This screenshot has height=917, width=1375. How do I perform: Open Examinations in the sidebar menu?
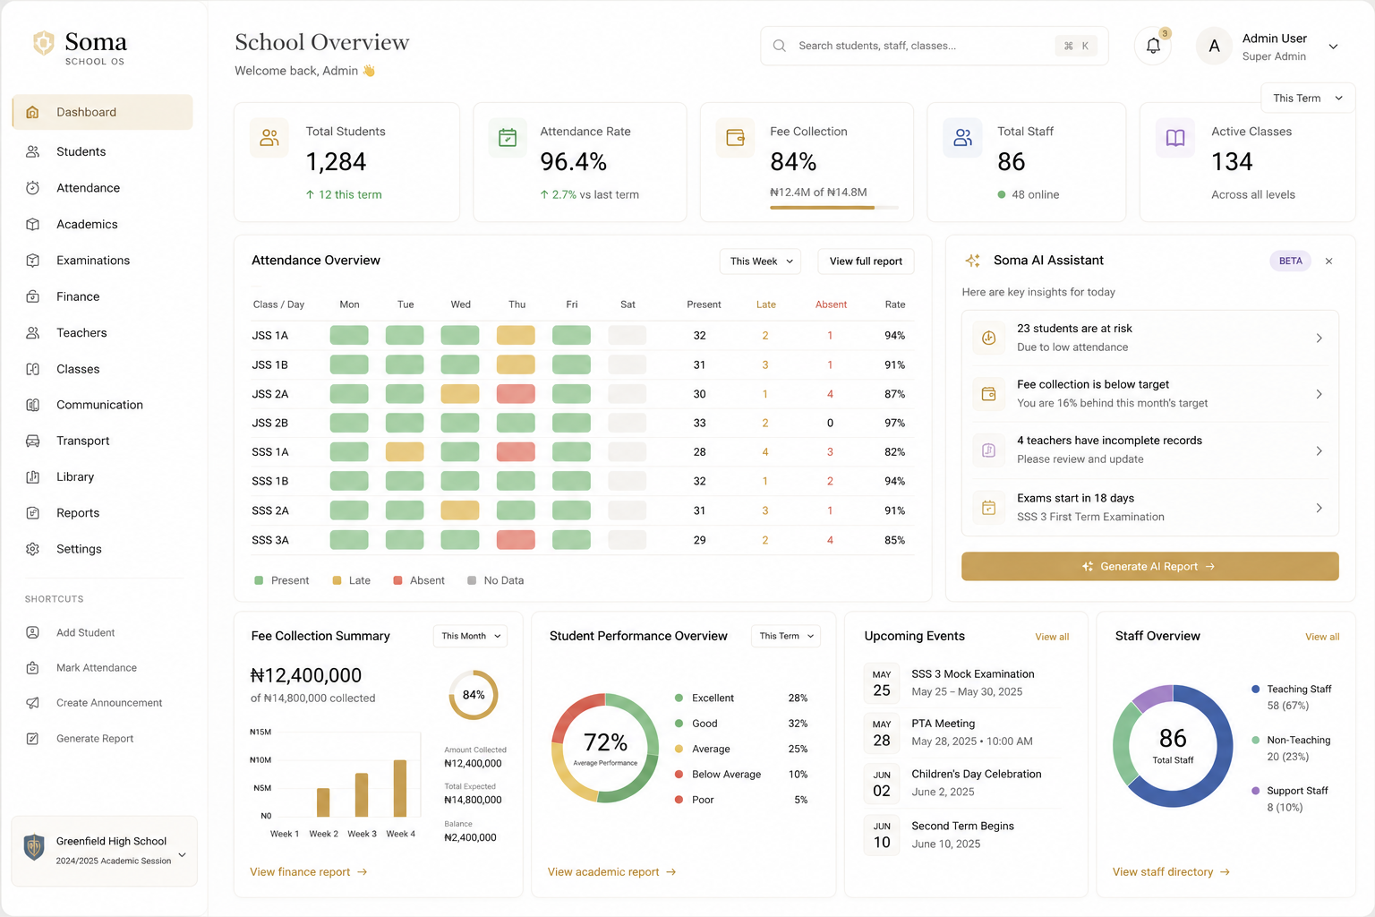click(x=93, y=261)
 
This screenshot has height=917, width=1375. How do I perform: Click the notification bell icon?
click(x=1153, y=46)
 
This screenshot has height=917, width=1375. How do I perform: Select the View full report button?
click(x=866, y=261)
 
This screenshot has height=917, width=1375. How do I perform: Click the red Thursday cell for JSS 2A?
click(x=516, y=394)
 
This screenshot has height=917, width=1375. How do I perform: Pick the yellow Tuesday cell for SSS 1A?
click(x=405, y=451)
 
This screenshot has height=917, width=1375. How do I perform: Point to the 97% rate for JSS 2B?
click(x=894, y=423)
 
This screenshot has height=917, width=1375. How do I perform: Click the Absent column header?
click(x=831, y=304)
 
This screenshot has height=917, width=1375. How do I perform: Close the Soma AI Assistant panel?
click(x=1329, y=261)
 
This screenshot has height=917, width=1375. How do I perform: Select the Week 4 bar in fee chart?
click(x=399, y=788)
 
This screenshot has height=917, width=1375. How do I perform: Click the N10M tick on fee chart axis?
click(x=260, y=759)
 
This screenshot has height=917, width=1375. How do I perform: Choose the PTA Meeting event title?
click(x=943, y=724)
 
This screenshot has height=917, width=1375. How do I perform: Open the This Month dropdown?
click(x=470, y=637)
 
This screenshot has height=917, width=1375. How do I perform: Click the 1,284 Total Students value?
click(x=336, y=162)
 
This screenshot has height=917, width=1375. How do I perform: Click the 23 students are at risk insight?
click(x=1149, y=338)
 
